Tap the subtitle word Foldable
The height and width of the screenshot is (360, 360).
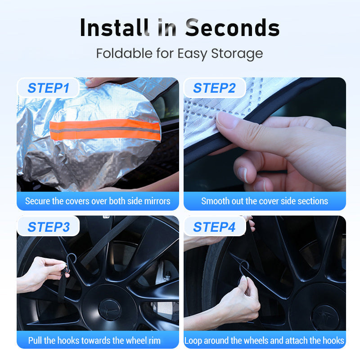pos(124,54)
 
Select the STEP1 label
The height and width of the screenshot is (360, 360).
pos(48,88)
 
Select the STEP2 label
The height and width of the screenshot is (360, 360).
pos(214,88)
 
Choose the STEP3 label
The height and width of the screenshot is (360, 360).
pos(48,227)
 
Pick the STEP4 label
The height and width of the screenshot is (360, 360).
pos(214,227)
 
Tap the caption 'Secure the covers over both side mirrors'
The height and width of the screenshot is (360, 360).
pos(98,201)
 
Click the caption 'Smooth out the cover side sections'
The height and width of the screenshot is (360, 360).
pos(265,201)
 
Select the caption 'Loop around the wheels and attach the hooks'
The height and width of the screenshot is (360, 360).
pos(265,340)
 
